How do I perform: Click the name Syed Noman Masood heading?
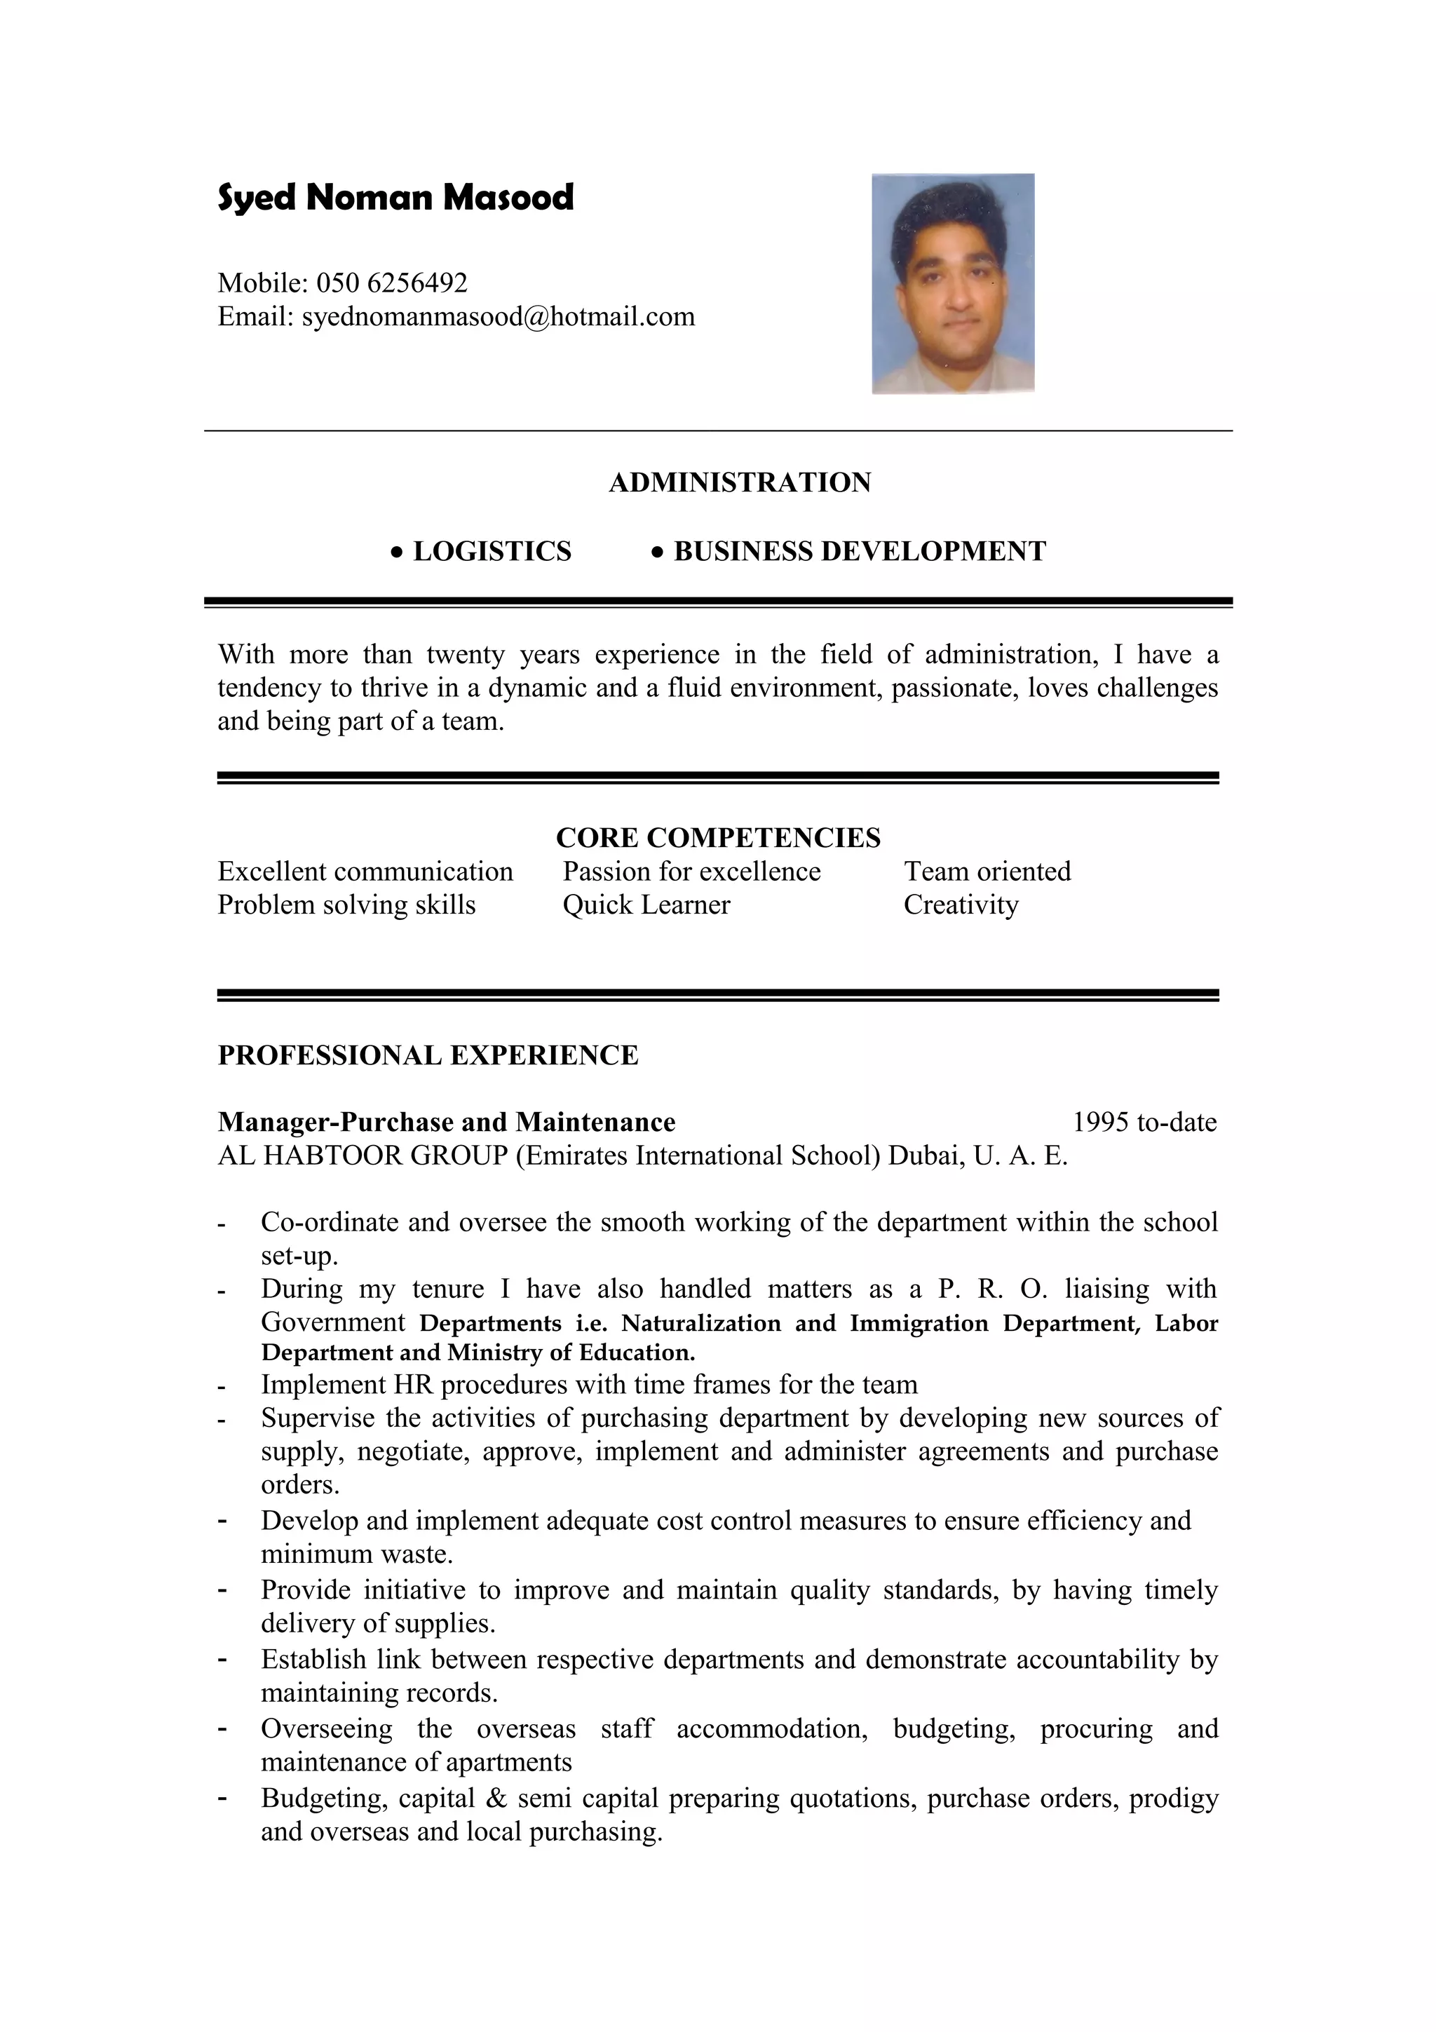click(x=395, y=196)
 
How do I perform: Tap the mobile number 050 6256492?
click(x=391, y=283)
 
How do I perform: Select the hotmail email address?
click(x=498, y=316)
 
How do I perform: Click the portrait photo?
click(x=952, y=283)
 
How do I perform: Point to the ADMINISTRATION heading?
click(x=740, y=482)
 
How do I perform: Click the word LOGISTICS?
click(x=492, y=551)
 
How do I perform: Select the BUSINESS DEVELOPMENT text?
click(x=859, y=551)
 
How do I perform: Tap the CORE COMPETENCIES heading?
click(x=717, y=837)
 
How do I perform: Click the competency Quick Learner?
click(x=646, y=905)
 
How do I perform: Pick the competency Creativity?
click(x=960, y=905)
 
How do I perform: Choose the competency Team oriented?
click(x=987, y=871)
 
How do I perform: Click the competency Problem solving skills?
click(x=346, y=905)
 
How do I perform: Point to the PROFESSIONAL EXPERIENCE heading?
click(x=427, y=1055)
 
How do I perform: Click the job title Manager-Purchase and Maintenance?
click(x=446, y=1122)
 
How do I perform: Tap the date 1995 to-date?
click(x=1144, y=1122)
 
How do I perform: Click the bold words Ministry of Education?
click(x=571, y=1353)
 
